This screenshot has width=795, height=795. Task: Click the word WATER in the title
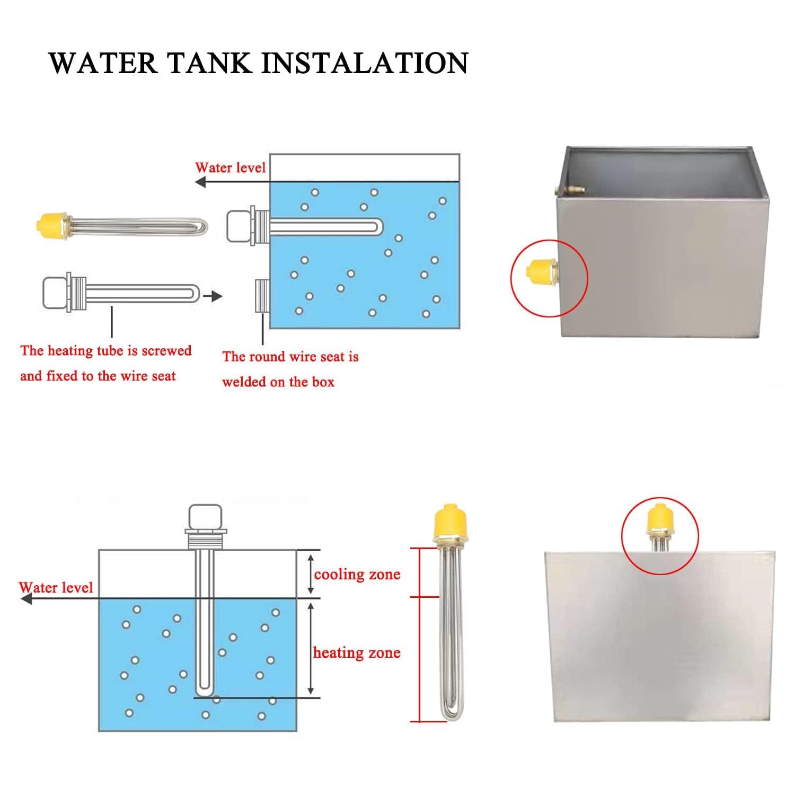[x=103, y=63]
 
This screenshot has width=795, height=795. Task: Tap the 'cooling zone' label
[x=357, y=575]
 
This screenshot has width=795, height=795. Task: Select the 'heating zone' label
[x=357, y=652]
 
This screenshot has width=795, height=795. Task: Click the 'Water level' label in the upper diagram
[x=230, y=167]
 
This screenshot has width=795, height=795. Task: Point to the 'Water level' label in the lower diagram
[x=56, y=587]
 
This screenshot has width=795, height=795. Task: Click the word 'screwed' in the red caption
[x=166, y=350]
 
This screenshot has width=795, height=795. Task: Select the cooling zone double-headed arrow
[x=311, y=574]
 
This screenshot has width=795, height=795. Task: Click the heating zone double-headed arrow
[x=311, y=649]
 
